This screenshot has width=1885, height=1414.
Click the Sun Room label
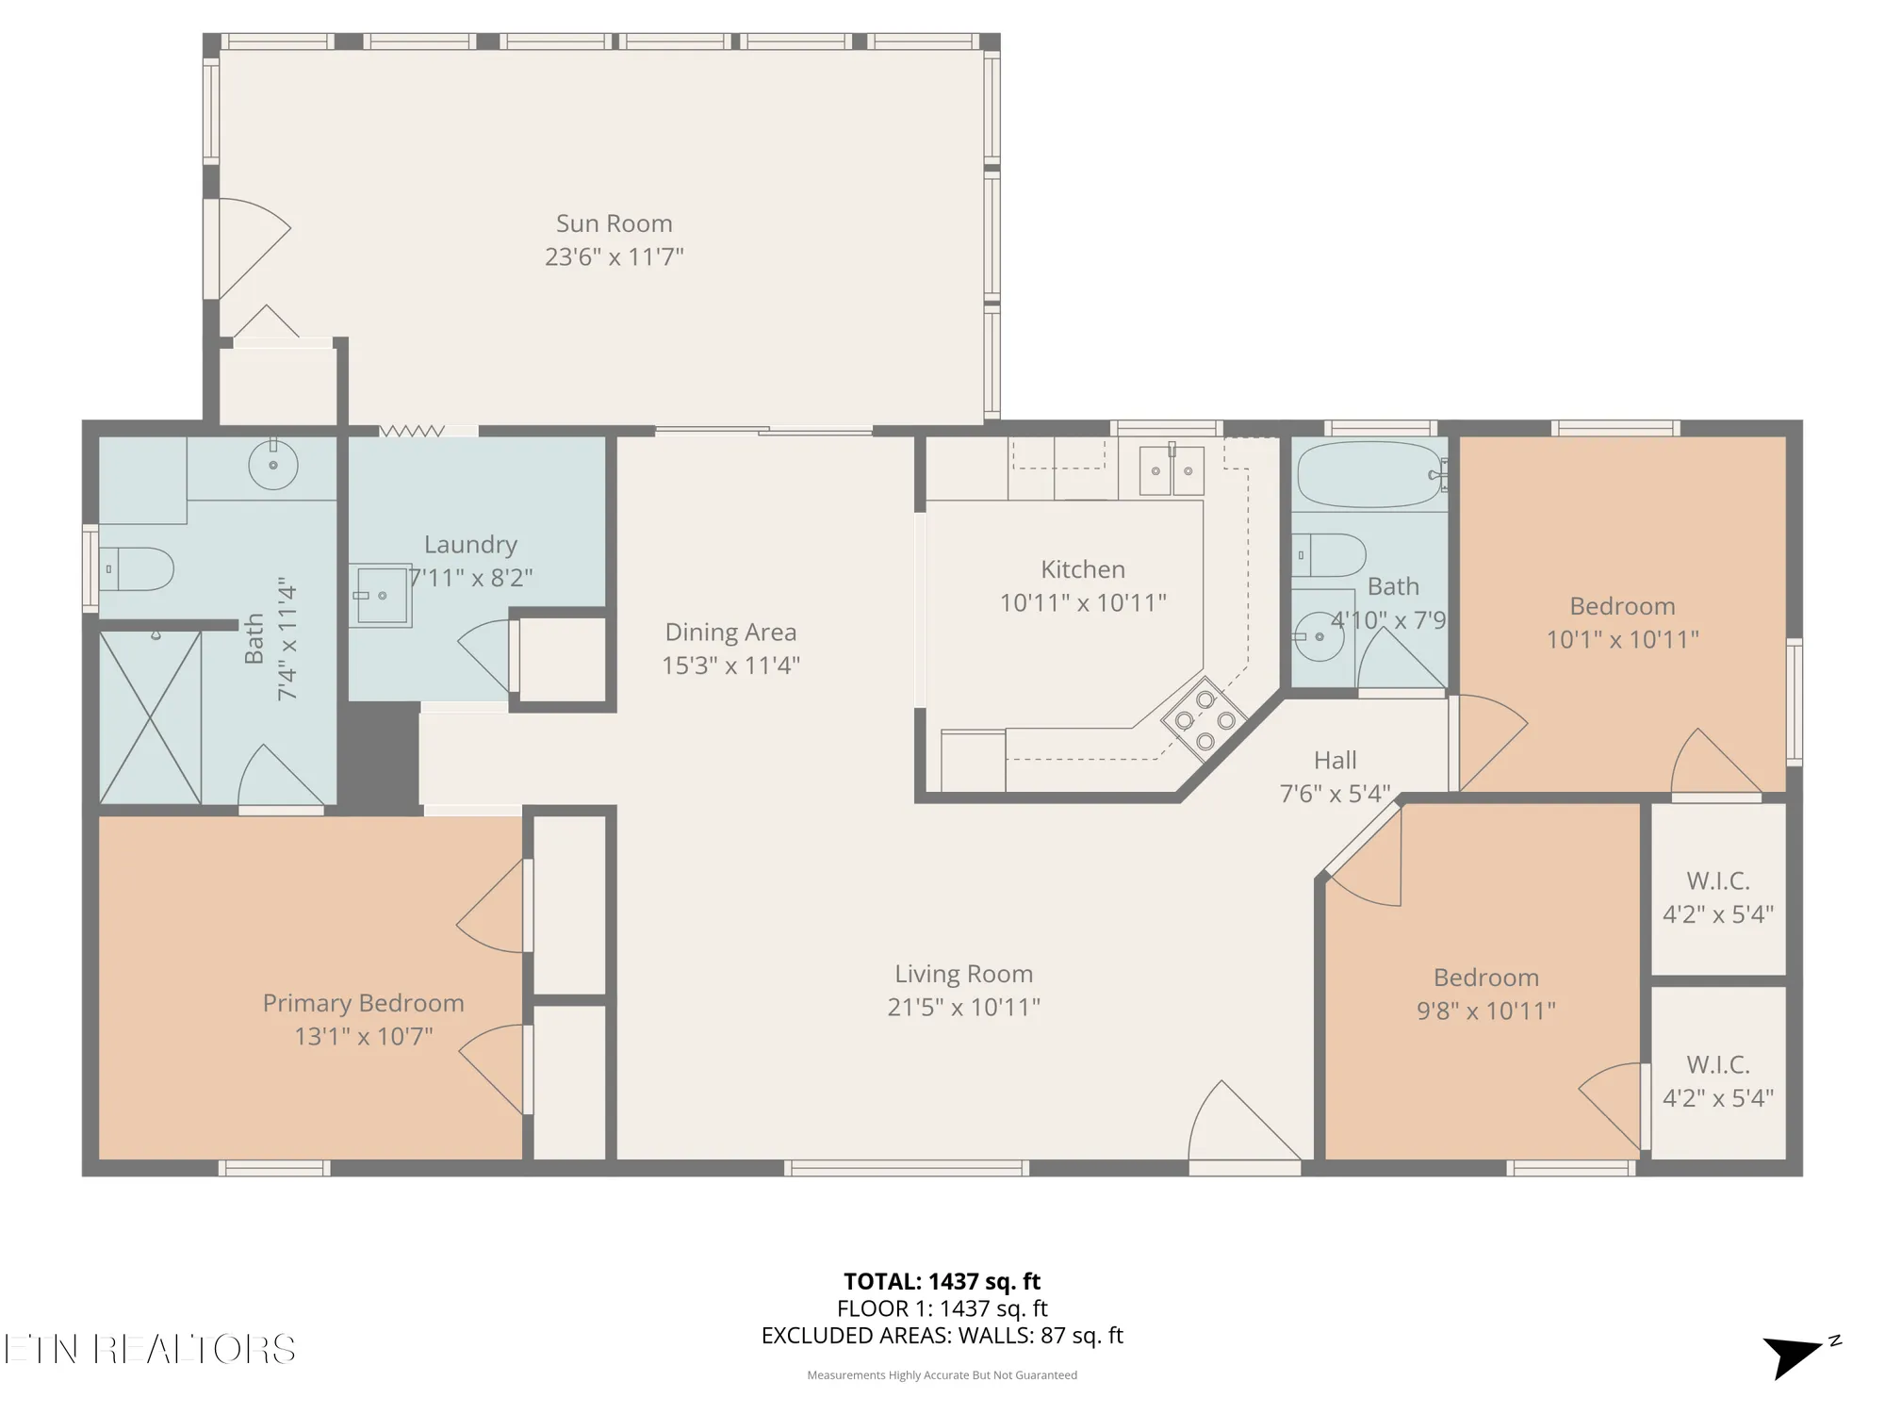tap(614, 223)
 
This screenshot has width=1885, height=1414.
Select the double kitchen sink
tap(1172, 470)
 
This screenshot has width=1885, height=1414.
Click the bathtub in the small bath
tap(1369, 475)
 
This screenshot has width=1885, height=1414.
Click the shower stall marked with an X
tap(151, 717)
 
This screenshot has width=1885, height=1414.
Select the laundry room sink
tap(382, 595)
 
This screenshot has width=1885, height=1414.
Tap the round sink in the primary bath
tap(273, 465)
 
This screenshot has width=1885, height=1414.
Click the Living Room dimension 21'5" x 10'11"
tap(963, 1007)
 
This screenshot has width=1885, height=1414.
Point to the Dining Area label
tap(730, 632)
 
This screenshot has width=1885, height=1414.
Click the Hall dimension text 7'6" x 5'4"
tap(1335, 794)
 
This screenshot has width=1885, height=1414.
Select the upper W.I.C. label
tap(1717, 881)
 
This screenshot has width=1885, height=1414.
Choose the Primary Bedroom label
tap(363, 1003)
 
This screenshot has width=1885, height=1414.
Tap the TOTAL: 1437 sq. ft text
tap(942, 1281)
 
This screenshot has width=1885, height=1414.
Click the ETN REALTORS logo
tap(149, 1349)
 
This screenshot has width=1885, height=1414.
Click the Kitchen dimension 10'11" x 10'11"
tap(1083, 602)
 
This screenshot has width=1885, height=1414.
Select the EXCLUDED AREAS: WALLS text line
tap(942, 1336)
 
